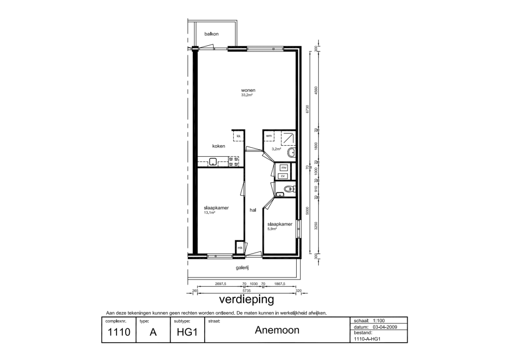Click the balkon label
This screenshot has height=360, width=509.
211,34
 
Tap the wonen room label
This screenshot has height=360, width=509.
248,90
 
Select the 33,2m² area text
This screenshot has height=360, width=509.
248,95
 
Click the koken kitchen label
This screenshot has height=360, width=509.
218,146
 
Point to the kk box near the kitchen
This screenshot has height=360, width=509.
238,136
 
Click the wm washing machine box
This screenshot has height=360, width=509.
268,136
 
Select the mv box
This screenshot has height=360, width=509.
284,168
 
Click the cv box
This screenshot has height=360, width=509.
284,176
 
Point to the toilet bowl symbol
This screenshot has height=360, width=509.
289,190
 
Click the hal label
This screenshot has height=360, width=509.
252,210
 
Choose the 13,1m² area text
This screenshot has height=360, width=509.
210,212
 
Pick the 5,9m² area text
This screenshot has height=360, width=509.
272,229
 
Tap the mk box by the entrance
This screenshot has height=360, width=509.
240,248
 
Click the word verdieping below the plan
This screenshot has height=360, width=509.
246,299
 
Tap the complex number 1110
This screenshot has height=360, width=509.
119,333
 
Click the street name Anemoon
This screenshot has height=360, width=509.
277,330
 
